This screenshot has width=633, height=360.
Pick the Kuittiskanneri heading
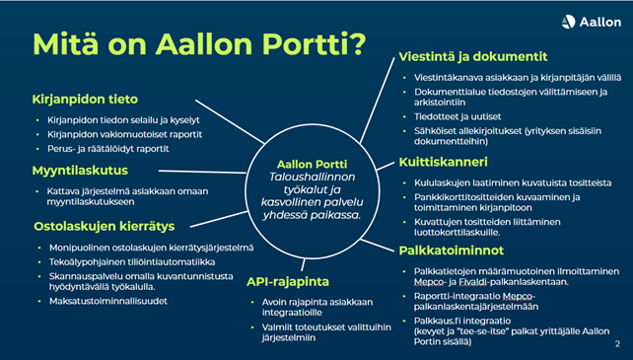[448, 161]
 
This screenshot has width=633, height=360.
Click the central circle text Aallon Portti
[313, 162]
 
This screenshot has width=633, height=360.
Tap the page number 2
[616, 344]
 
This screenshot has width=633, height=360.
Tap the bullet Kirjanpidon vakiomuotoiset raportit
[121, 132]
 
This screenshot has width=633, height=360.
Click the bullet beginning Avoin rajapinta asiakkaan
[316, 302]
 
